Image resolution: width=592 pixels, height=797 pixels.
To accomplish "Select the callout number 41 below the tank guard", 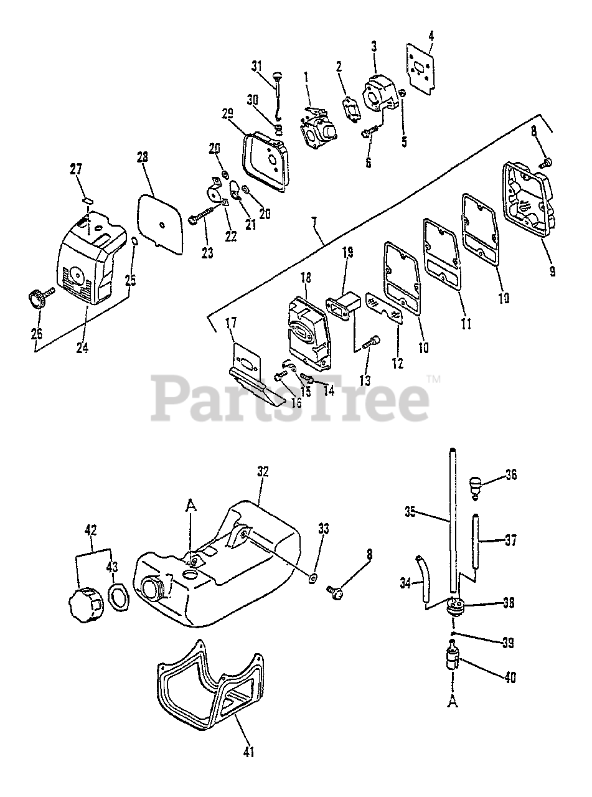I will click(x=248, y=752).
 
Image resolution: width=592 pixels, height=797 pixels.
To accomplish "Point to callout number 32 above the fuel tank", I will click(x=261, y=472).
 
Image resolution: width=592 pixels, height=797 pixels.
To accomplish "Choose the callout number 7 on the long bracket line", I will click(x=314, y=222).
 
